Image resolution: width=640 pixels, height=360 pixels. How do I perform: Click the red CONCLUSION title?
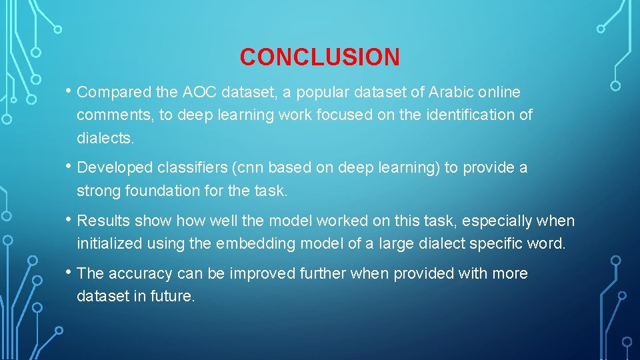point(320,57)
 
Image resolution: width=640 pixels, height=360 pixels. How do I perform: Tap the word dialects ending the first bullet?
point(105,137)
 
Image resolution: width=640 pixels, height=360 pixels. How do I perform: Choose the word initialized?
point(109,243)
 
